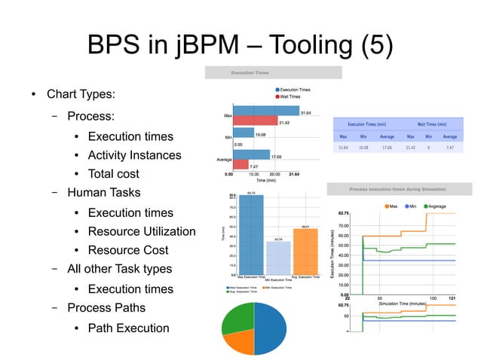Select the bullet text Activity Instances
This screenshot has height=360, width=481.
(134, 155)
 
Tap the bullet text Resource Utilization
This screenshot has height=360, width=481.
(141, 231)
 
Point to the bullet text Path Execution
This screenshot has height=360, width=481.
(128, 328)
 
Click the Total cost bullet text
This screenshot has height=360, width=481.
(113, 174)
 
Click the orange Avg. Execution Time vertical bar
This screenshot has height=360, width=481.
(305, 252)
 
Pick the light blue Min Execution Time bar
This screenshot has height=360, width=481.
(278, 258)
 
